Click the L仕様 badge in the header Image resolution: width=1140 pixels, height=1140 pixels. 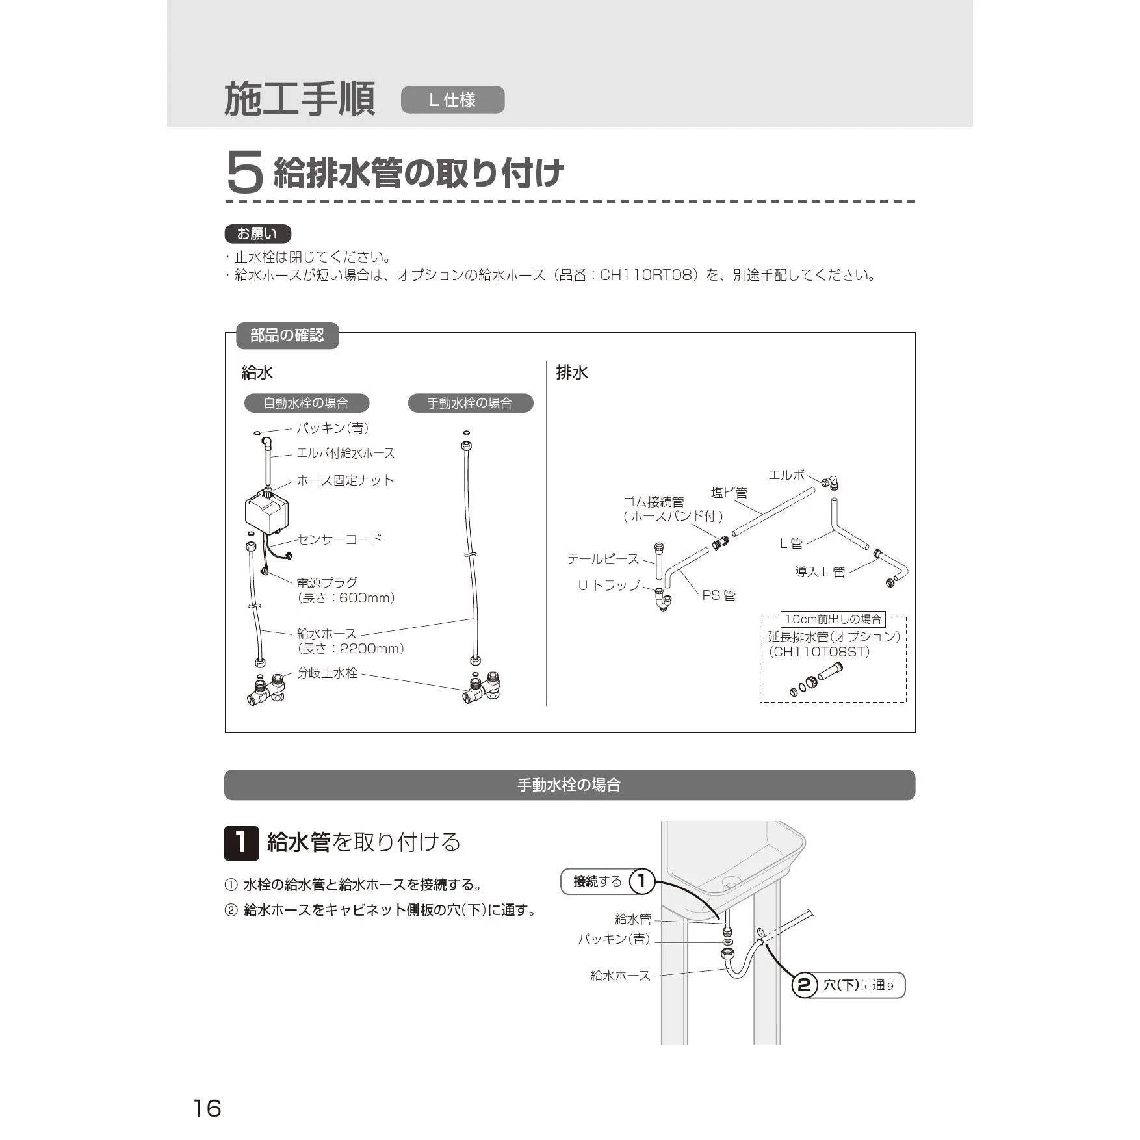[x=452, y=100]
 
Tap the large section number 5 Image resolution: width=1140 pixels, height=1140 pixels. [x=245, y=172]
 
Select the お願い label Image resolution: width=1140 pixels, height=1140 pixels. [x=257, y=234]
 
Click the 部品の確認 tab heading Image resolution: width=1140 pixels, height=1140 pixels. [x=287, y=335]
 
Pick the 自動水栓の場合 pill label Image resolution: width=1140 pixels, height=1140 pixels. [x=306, y=403]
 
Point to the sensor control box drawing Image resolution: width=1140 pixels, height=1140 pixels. [x=267, y=511]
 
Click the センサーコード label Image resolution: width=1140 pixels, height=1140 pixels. [x=340, y=539]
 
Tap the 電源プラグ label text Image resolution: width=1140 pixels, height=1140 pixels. [x=327, y=582]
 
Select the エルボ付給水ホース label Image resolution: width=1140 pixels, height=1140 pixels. [x=345, y=453]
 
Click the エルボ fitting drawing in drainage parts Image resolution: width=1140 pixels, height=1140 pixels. [x=830, y=482]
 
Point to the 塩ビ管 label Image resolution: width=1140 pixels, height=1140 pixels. [x=729, y=493]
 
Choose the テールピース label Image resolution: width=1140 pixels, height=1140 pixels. [x=603, y=559]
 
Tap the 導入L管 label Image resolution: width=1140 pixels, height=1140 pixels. [x=820, y=572]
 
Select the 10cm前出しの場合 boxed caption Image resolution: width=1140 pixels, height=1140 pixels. [x=833, y=619]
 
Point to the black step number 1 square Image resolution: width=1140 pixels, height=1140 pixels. [x=241, y=843]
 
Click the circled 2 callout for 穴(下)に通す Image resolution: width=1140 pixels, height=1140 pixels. [x=804, y=985]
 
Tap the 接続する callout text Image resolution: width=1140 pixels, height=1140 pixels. [x=597, y=881]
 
